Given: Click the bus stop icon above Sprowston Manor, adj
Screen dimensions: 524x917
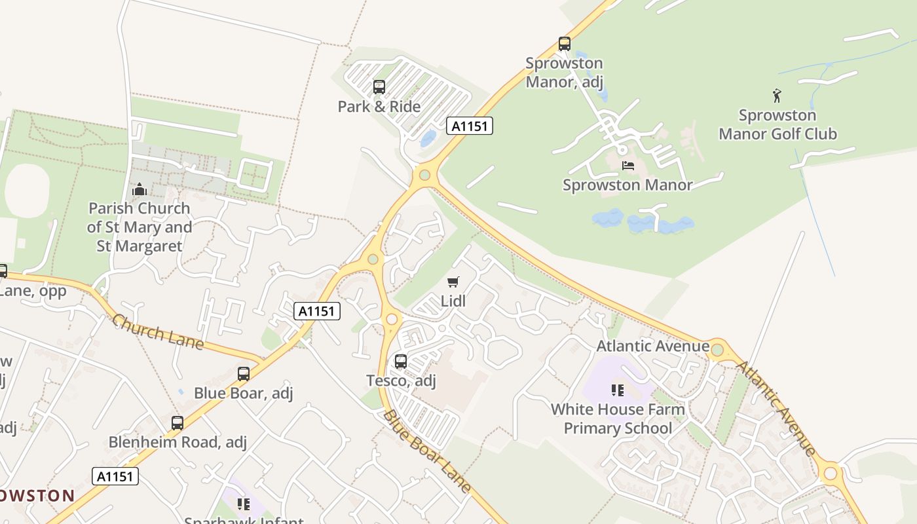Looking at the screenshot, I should click(564, 44).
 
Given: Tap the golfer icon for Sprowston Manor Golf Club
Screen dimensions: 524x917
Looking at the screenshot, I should click(777, 96).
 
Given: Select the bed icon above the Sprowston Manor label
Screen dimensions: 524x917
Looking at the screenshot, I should click(628, 165).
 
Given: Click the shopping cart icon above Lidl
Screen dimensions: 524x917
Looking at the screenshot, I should click(453, 282).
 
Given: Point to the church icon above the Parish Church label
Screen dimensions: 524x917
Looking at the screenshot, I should click(139, 190).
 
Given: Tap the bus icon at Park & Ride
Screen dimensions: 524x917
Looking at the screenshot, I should click(379, 86).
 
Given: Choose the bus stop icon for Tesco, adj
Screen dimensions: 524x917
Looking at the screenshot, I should click(400, 361).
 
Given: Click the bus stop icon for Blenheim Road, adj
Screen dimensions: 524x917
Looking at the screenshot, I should click(177, 422).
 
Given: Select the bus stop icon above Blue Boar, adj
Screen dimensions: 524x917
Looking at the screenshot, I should click(243, 373).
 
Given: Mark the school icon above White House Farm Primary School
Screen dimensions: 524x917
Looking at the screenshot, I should click(617, 390).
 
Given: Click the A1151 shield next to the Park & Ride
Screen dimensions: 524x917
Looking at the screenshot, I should click(469, 126).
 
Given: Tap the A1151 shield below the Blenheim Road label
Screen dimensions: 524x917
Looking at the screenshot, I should click(115, 476).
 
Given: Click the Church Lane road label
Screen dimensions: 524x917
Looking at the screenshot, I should click(157, 332).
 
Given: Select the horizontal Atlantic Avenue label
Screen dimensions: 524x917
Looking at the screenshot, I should click(653, 346).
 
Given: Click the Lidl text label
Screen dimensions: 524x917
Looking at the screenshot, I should click(453, 301).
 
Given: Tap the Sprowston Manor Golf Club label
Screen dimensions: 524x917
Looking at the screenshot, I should click(777, 124).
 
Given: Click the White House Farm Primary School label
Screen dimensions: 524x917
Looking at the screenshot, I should click(618, 419).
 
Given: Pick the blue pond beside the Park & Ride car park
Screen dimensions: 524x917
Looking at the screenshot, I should click(428, 138).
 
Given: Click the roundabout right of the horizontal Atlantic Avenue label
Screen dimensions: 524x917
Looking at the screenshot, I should click(717, 349).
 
